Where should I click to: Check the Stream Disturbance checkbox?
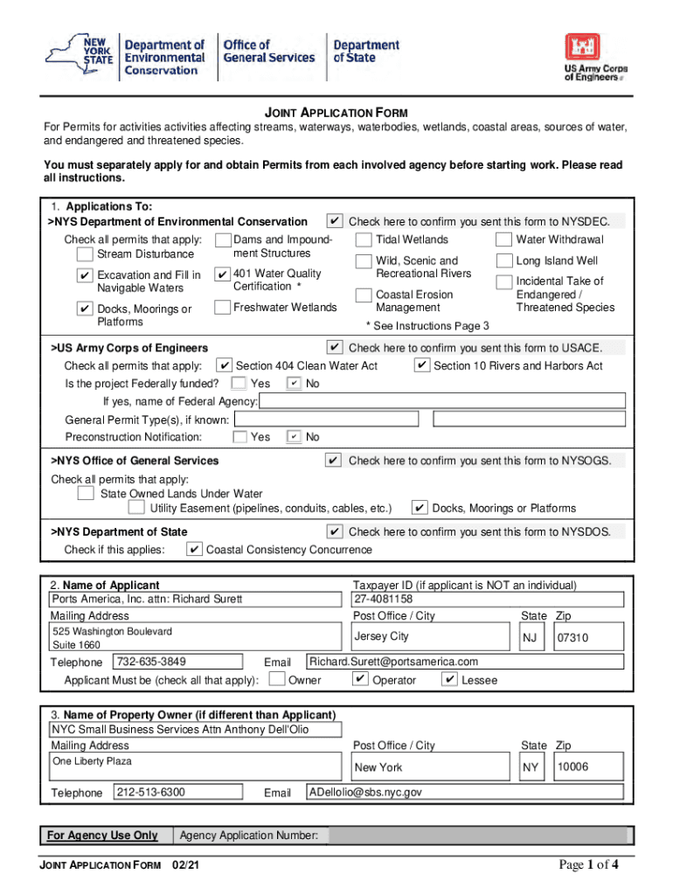point(85,254)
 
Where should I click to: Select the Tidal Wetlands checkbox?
point(364,240)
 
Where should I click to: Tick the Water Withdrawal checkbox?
point(503,240)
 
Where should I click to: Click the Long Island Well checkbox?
point(503,260)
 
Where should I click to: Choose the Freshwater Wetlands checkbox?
point(222,308)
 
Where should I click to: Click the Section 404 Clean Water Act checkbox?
point(225,365)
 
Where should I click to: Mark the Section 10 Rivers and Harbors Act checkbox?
point(421,365)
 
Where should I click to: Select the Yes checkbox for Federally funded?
point(239,384)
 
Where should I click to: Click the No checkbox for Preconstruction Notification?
point(295,437)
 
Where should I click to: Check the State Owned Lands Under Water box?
point(86,494)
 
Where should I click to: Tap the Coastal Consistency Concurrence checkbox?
point(194,550)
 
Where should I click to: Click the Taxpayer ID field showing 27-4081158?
point(487,600)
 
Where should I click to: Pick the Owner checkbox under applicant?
point(276,679)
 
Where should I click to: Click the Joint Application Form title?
point(336,114)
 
